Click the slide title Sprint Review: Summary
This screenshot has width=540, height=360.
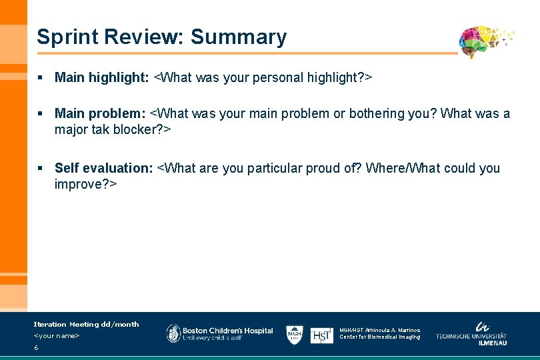161,37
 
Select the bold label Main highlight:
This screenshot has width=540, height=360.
102,78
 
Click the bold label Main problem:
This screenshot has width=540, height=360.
100,114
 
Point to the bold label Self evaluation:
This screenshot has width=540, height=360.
103,169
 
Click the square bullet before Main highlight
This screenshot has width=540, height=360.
41,78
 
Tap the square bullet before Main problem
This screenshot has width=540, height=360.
41,114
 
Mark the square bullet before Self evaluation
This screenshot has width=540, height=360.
41,169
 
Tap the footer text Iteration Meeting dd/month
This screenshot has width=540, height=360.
86,324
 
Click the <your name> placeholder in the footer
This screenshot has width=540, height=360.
57,335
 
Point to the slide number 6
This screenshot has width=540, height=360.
36,348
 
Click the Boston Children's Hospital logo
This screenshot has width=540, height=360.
219,334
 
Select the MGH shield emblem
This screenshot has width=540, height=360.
295,334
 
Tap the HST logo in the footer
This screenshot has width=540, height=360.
322,335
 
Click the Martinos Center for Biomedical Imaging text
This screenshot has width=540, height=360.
380,333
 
